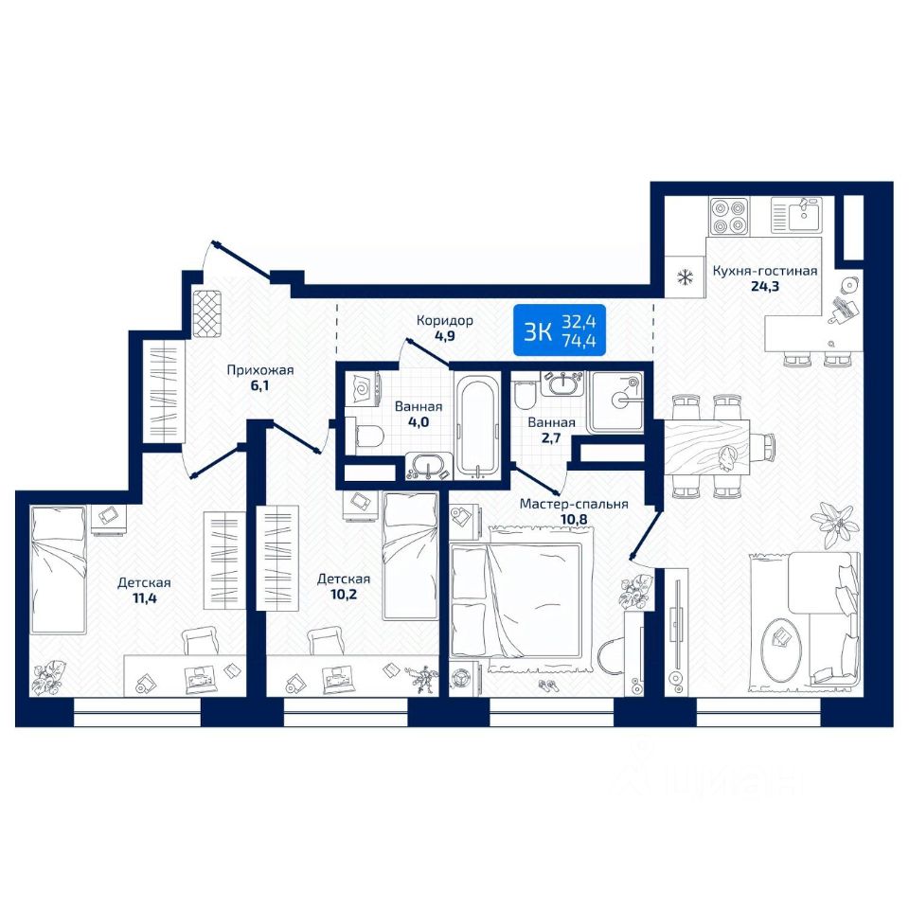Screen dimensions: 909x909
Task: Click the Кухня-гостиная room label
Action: tap(765, 271)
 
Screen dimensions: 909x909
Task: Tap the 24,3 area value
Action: tap(765, 286)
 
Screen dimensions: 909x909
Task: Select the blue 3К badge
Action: tap(560, 330)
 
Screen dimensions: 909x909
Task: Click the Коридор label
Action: tap(445, 320)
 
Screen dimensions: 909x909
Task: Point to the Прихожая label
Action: tap(260, 370)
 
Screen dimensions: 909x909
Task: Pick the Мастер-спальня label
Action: tap(574, 505)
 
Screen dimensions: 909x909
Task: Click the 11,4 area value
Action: tap(144, 597)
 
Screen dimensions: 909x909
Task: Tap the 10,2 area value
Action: tap(344, 595)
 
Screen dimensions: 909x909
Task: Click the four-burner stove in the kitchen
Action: tap(729, 216)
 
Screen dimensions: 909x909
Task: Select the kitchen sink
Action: tap(796, 215)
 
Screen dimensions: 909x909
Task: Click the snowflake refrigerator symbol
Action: tap(686, 277)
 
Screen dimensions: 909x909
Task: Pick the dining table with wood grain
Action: tap(706, 447)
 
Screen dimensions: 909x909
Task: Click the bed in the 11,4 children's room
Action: tap(59, 569)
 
